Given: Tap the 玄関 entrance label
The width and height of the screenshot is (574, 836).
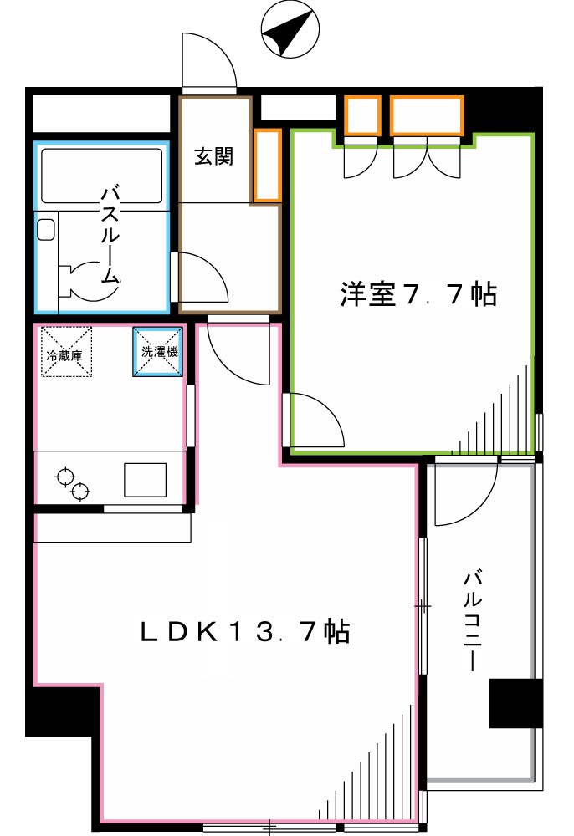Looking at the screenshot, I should point(214,155).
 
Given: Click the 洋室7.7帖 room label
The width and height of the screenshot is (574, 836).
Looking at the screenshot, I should point(418,294).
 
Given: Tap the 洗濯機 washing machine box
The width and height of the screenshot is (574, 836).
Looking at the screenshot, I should point(159,351).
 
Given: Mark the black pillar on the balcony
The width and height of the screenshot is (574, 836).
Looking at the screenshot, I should point(515,703).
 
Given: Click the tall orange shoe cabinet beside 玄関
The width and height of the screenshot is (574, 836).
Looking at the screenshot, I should point(267,166).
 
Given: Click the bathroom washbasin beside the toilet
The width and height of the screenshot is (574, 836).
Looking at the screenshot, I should point(46,229).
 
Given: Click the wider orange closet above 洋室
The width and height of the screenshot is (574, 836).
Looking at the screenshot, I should point(427,116).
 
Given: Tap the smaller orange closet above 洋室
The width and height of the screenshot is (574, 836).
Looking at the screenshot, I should point(363,116).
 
